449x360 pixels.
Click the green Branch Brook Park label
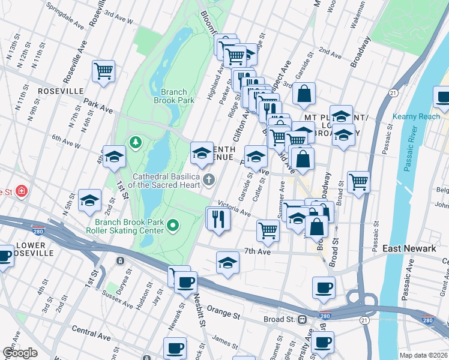click(x=177, y=96)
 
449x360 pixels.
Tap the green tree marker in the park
click(x=135, y=142)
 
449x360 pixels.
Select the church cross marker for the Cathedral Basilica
click(x=209, y=179)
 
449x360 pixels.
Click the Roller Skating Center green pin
click(x=173, y=226)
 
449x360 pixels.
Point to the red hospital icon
click(x=22, y=191)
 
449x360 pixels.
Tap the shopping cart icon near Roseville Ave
click(x=104, y=71)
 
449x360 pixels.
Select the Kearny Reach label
click(x=416, y=116)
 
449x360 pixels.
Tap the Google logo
click(x=20, y=353)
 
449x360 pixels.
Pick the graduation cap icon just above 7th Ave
click(x=227, y=263)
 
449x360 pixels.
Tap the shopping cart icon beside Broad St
click(x=358, y=181)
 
